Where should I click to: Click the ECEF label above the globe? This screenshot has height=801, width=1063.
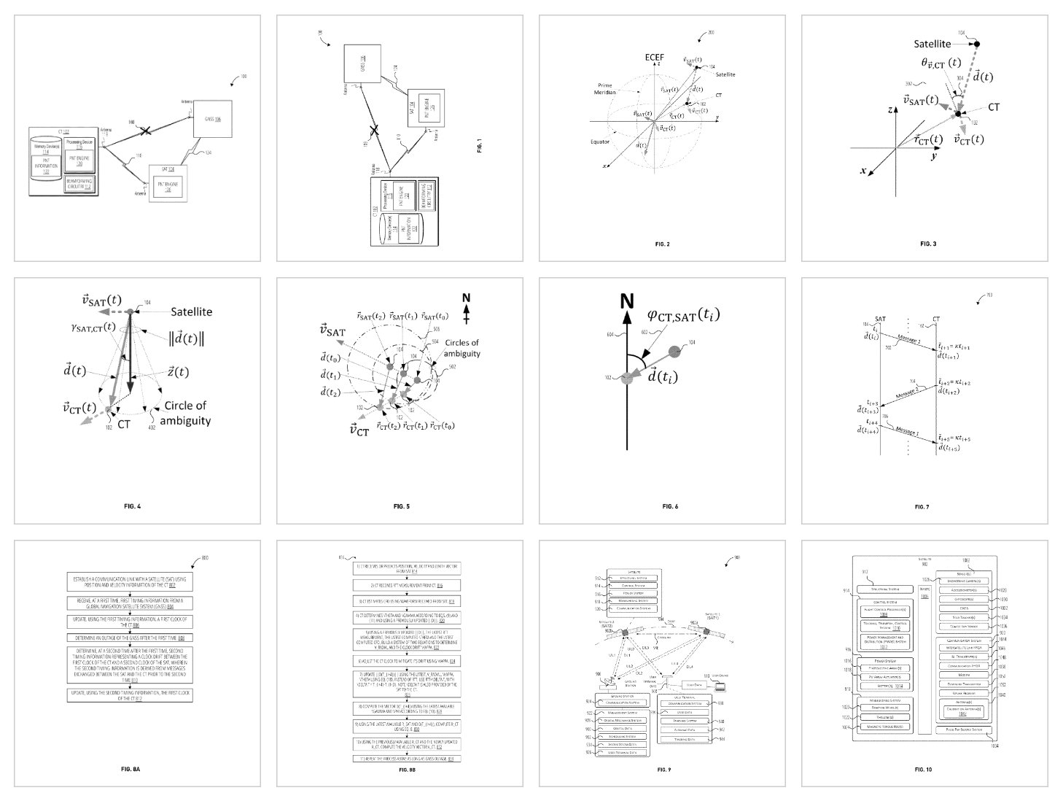click(x=654, y=57)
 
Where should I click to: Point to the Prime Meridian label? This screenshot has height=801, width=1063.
click(x=604, y=89)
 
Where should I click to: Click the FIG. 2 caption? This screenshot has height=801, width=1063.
click(x=662, y=244)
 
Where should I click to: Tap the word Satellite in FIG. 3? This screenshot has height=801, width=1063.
click(x=932, y=44)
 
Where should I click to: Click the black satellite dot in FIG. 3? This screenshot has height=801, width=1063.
click(x=977, y=44)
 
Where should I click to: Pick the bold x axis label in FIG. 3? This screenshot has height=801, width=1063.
click(x=863, y=171)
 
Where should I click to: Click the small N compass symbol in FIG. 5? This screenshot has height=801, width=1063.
click(x=466, y=307)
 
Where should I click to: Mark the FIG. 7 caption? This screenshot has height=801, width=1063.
click(x=922, y=506)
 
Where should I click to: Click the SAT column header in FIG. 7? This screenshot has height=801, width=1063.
click(x=880, y=319)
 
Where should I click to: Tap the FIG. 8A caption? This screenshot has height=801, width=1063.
click(x=131, y=769)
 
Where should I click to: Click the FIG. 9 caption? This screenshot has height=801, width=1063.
click(x=662, y=769)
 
